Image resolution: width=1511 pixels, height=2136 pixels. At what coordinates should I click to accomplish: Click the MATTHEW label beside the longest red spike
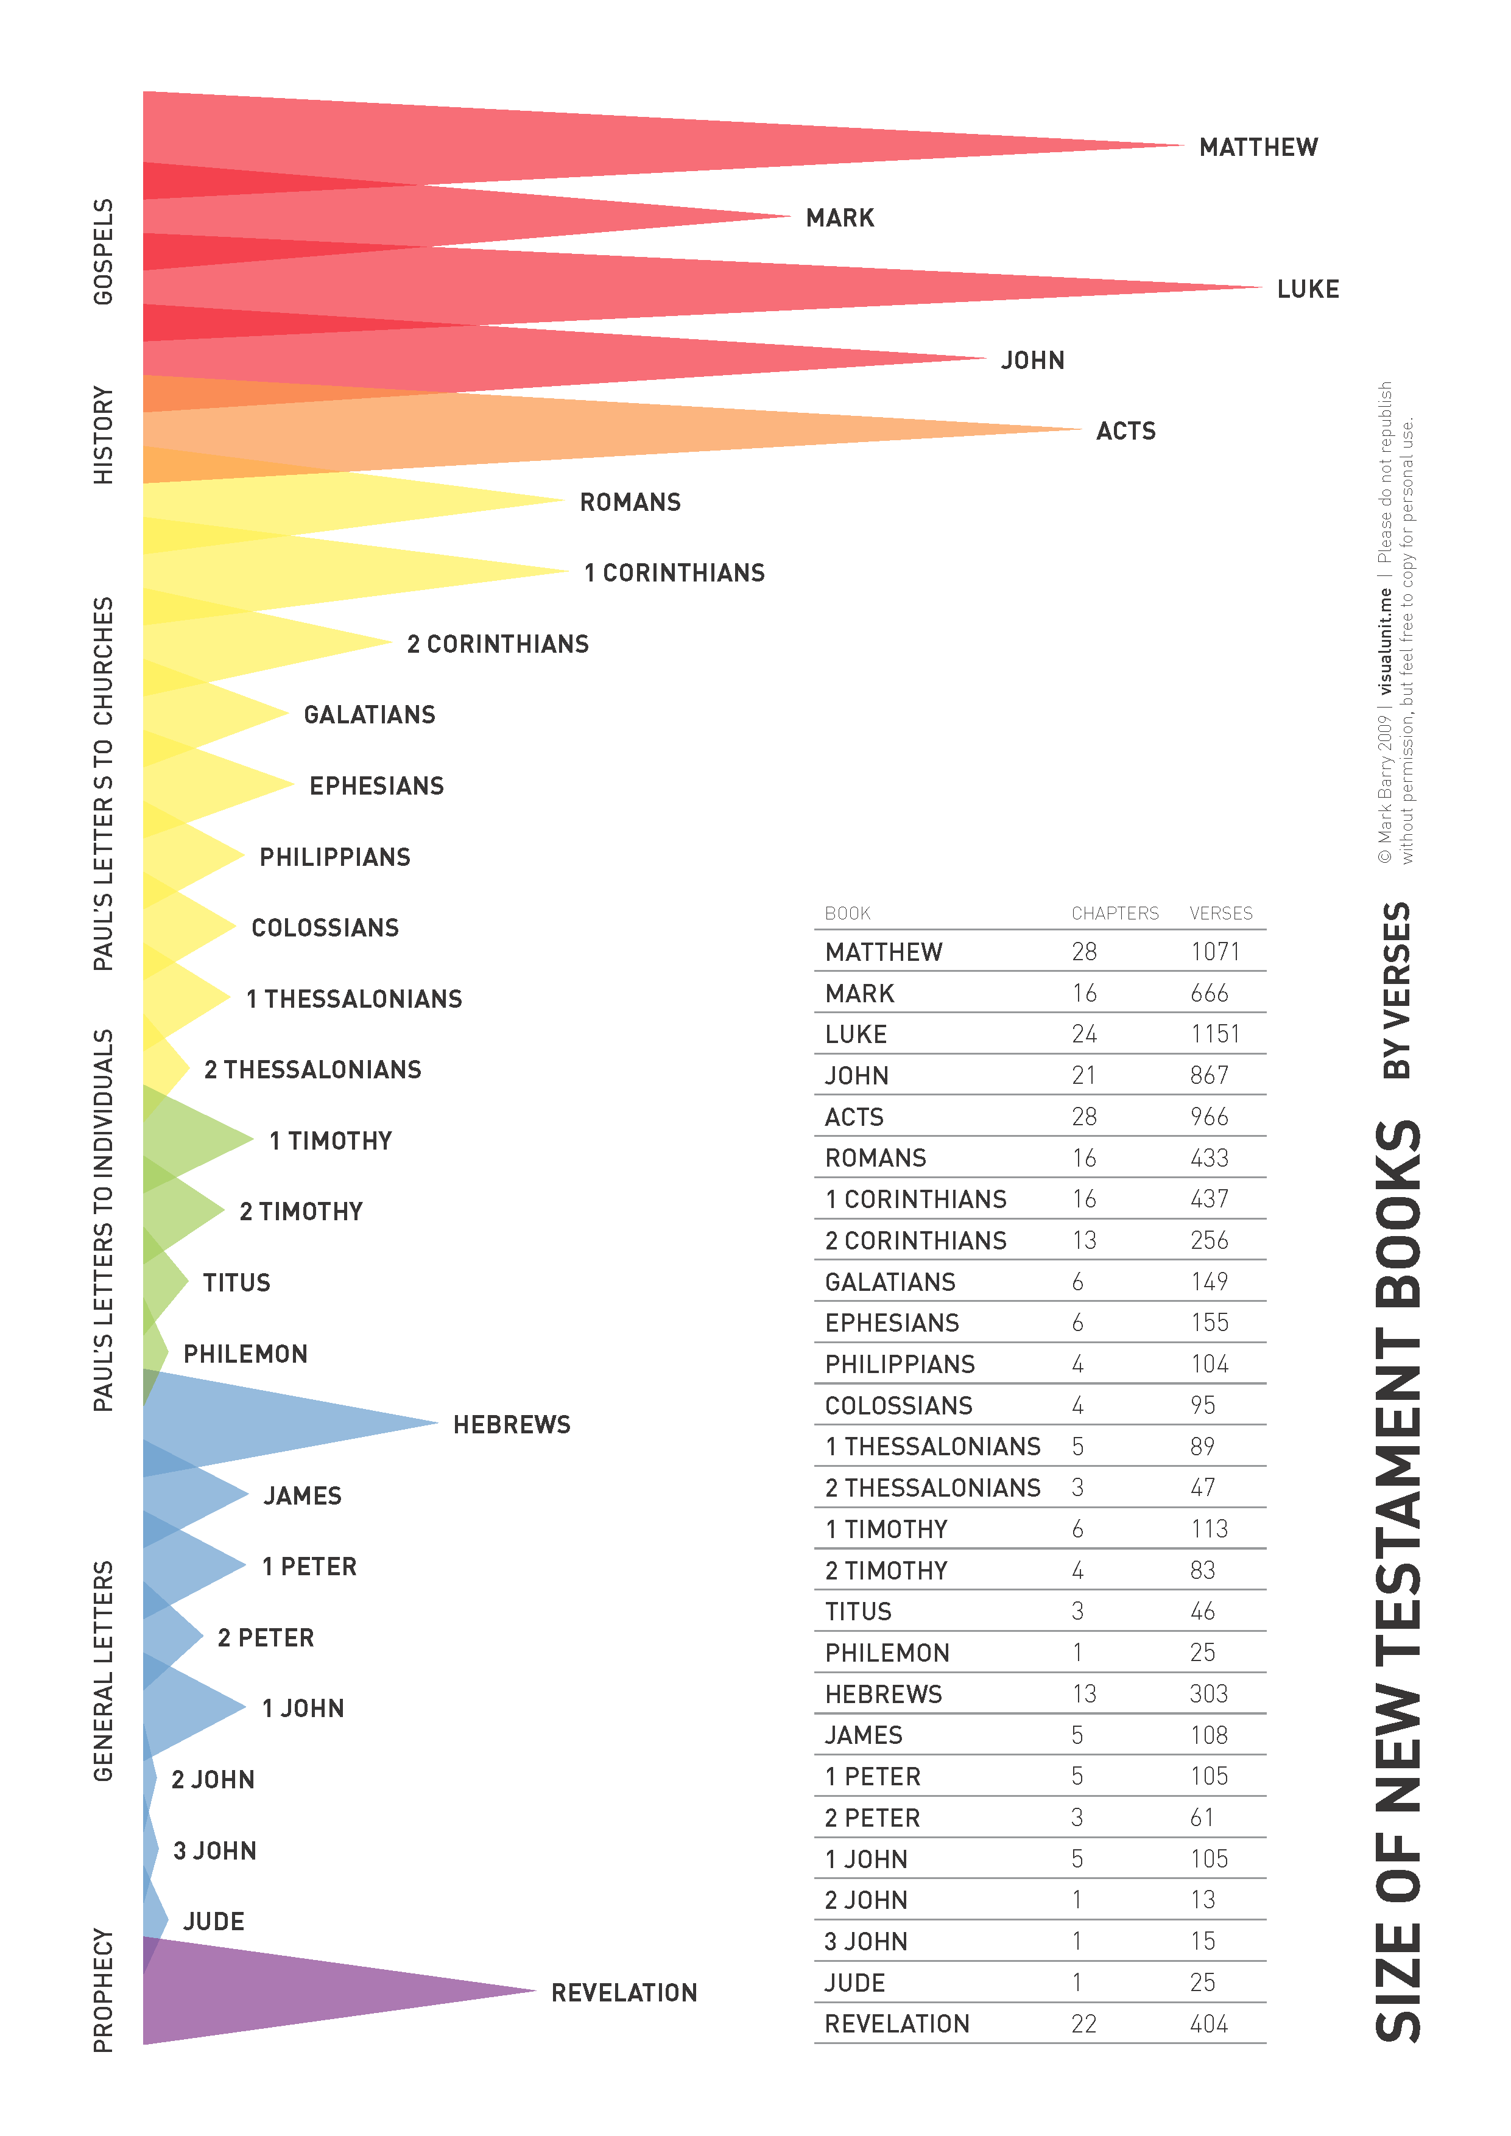coord(1258,147)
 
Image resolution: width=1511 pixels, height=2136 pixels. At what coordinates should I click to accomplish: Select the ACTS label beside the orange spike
coord(1126,430)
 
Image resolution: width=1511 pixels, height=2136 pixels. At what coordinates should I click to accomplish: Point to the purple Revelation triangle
coord(307,1991)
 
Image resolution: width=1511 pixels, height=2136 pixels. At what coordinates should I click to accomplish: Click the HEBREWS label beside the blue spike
coord(512,1424)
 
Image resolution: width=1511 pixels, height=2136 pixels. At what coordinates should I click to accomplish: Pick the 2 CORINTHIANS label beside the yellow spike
coord(498,644)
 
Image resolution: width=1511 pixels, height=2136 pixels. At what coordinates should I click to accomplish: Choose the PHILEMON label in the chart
coord(245,1354)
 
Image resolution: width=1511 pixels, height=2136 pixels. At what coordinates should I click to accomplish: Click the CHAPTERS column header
coord(1115,913)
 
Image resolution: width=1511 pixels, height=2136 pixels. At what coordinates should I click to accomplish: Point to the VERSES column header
coord(1220,913)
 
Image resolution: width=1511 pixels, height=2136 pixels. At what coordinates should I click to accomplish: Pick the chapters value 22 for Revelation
coord(1084,2023)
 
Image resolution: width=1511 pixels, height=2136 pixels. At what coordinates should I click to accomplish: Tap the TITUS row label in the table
coord(858,1611)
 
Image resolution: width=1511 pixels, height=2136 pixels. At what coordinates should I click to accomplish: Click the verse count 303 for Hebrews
coord(1208,1693)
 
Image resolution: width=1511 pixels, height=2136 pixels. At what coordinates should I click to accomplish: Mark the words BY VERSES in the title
coord(1397,990)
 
